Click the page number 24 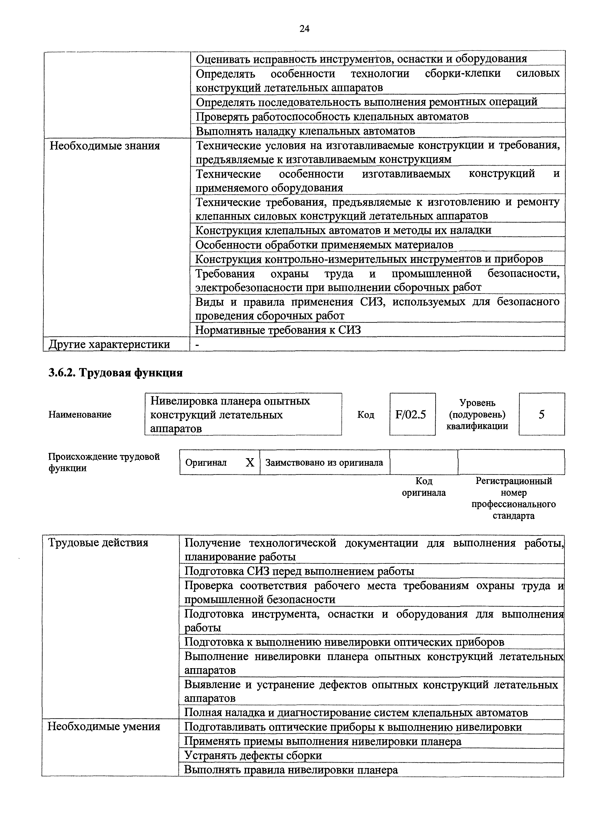click(304, 28)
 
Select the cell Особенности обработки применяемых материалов click(324, 245)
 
